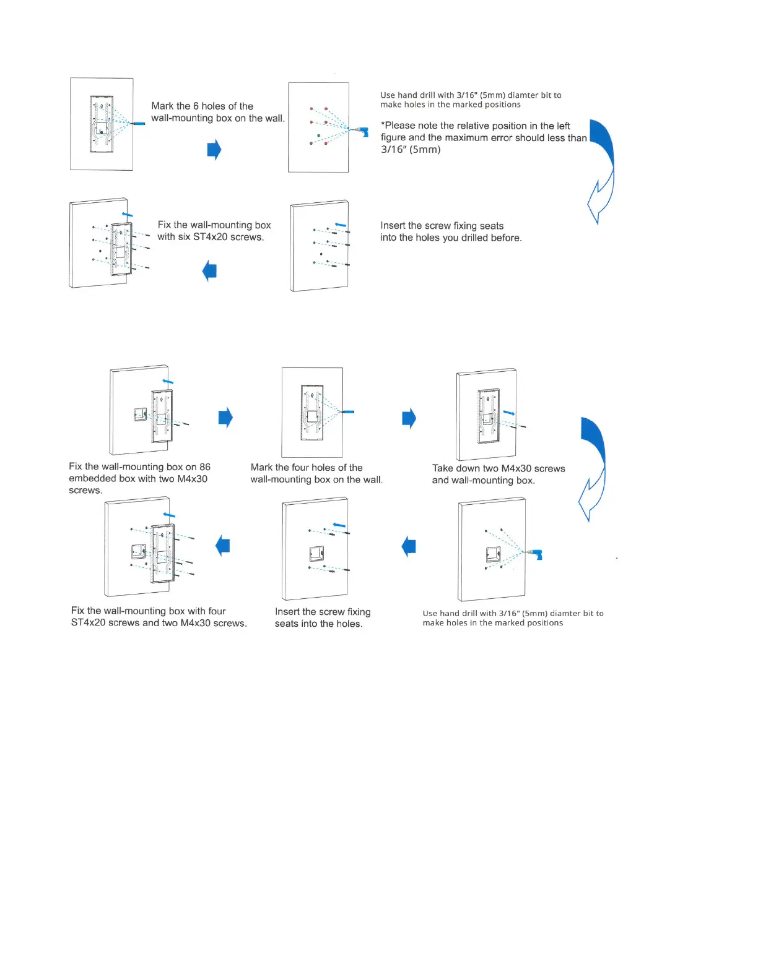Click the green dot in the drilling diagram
tap(319, 135)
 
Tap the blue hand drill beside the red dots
tap(363, 131)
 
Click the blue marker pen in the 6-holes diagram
tap(139, 124)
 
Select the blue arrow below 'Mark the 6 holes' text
tap(214, 149)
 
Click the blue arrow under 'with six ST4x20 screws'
tap(210, 271)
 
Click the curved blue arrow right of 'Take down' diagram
tap(593, 467)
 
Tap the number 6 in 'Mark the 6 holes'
tap(196, 106)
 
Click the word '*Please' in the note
tap(398, 126)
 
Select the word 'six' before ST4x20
tap(185, 237)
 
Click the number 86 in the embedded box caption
tap(204, 467)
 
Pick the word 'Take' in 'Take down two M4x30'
tap(443, 468)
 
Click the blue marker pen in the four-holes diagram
tap(348, 411)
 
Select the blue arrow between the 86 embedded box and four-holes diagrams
tap(225, 418)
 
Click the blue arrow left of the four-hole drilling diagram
tap(409, 546)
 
